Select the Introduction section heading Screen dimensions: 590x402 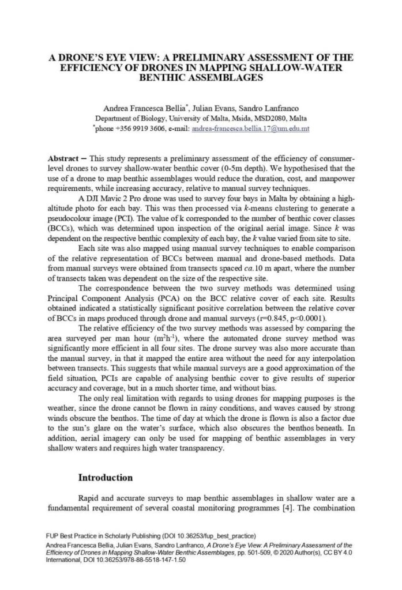pos(106,478)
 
